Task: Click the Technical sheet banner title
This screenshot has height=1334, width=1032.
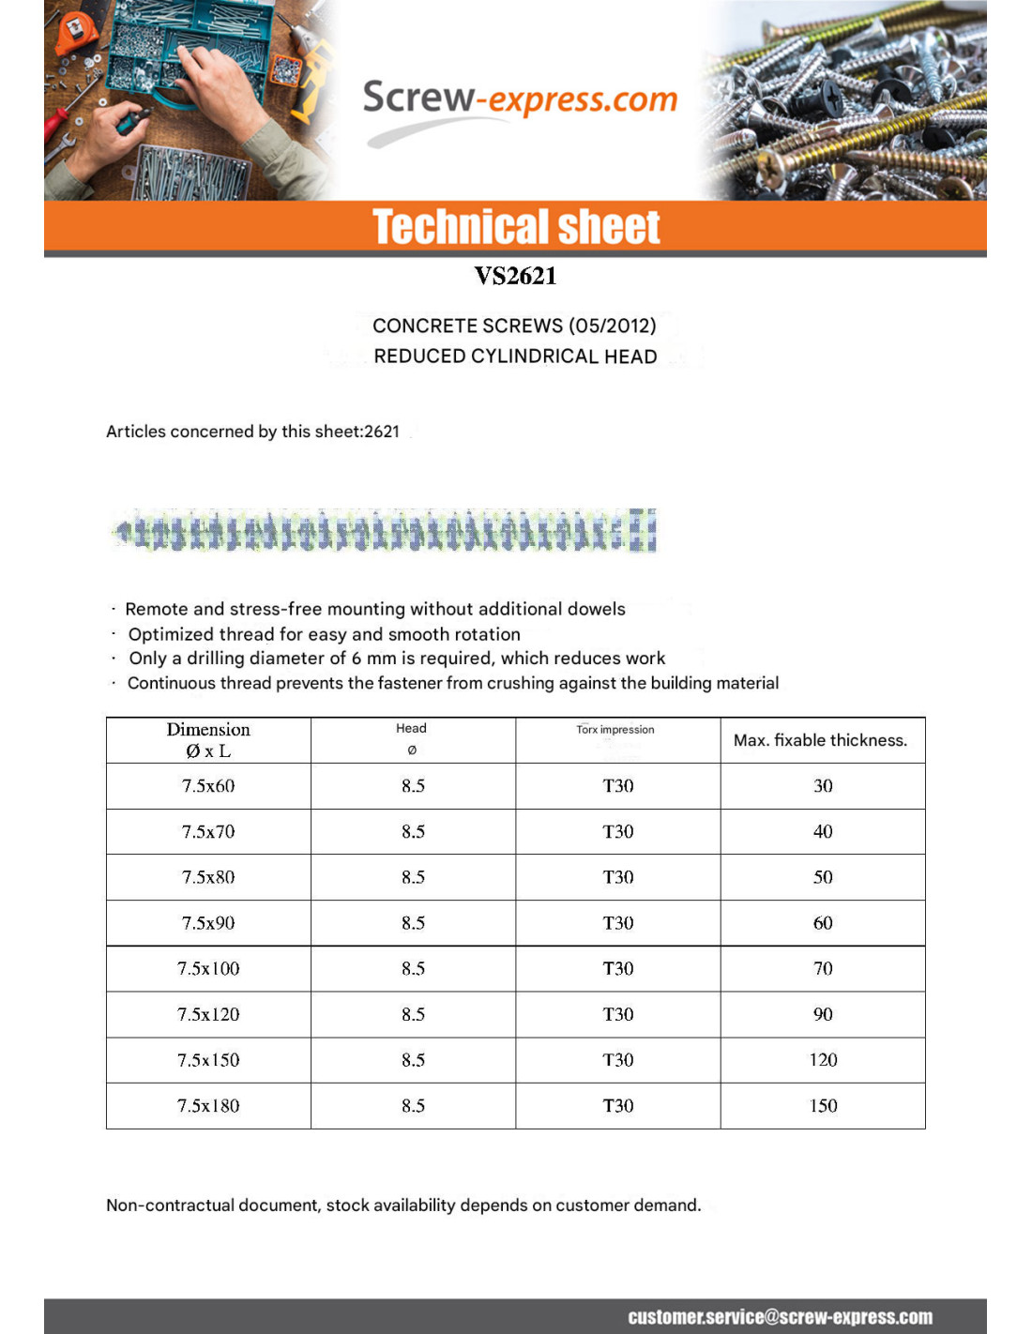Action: pyautogui.click(x=516, y=228)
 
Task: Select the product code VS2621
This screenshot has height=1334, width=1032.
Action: pyautogui.click(x=515, y=276)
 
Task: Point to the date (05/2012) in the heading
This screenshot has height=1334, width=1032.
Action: pyautogui.click(x=612, y=326)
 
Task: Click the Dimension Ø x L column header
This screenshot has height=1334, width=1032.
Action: pyautogui.click(x=208, y=740)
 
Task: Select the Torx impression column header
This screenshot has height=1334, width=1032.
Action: pyautogui.click(x=615, y=730)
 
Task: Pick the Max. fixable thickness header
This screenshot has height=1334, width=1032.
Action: pyautogui.click(x=820, y=740)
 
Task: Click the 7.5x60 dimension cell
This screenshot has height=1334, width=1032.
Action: pyautogui.click(x=208, y=786)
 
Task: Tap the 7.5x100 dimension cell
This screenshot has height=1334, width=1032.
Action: pyautogui.click(x=208, y=968)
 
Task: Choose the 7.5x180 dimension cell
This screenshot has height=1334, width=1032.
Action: pyautogui.click(x=208, y=1106)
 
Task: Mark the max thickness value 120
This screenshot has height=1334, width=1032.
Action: pyautogui.click(x=823, y=1060)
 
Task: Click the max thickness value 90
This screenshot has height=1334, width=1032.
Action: pyautogui.click(x=823, y=1014)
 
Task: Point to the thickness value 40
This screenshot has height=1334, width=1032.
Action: pyautogui.click(x=823, y=832)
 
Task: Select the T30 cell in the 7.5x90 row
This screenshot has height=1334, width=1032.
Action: pyautogui.click(x=618, y=923)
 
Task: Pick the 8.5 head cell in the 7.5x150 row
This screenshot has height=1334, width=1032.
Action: pyautogui.click(x=413, y=1060)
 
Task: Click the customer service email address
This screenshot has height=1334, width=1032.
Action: pyautogui.click(x=780, y=1317)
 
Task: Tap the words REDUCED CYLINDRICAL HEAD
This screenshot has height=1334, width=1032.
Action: pyautogui.click(x=515, y=356)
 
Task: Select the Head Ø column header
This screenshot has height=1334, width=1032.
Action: pyautogui.click(x=411, y=739)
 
